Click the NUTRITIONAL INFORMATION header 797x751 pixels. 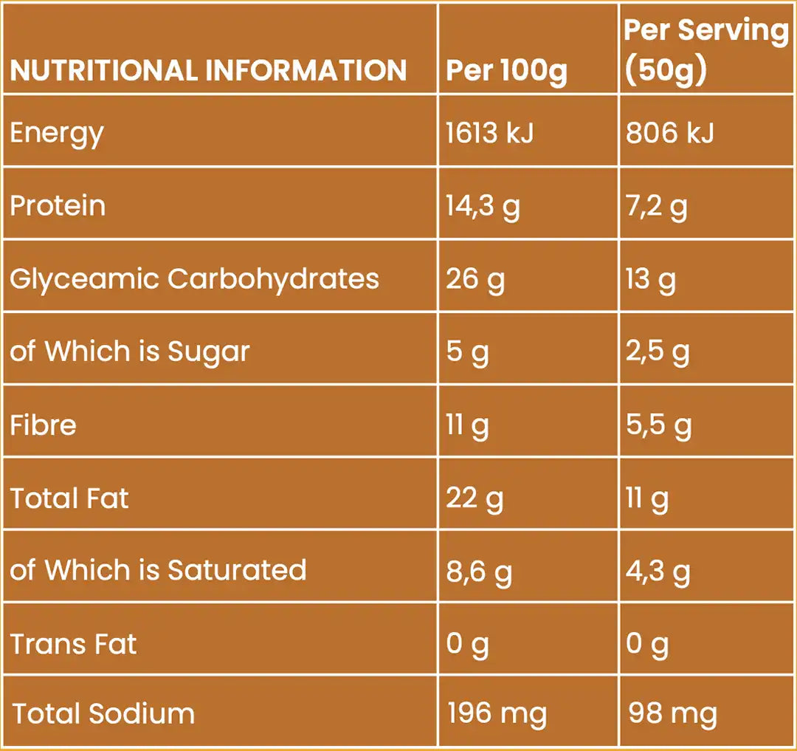point(208,70)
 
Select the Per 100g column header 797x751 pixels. point(506,70)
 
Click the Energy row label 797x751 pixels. point(57,134)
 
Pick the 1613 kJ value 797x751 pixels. point(489,133)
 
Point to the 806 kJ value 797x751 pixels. point(669,133)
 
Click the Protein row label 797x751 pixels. point(58,205)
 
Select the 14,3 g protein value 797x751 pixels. point(483,206)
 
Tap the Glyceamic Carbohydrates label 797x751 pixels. point(194,278)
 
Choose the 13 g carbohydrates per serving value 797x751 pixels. point(650,279)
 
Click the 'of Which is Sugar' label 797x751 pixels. point(130,352)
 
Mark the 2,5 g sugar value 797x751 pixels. point(658,352)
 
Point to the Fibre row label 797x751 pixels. point(43,425)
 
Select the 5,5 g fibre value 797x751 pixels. point(658,425)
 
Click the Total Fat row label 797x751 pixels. point(69,498)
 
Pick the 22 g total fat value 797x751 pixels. point(475,498)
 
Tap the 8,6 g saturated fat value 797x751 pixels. point(479,571)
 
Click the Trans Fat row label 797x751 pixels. point(73,644)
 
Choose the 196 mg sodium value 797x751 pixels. point(497,713)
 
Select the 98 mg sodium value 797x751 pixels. point(672,713)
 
